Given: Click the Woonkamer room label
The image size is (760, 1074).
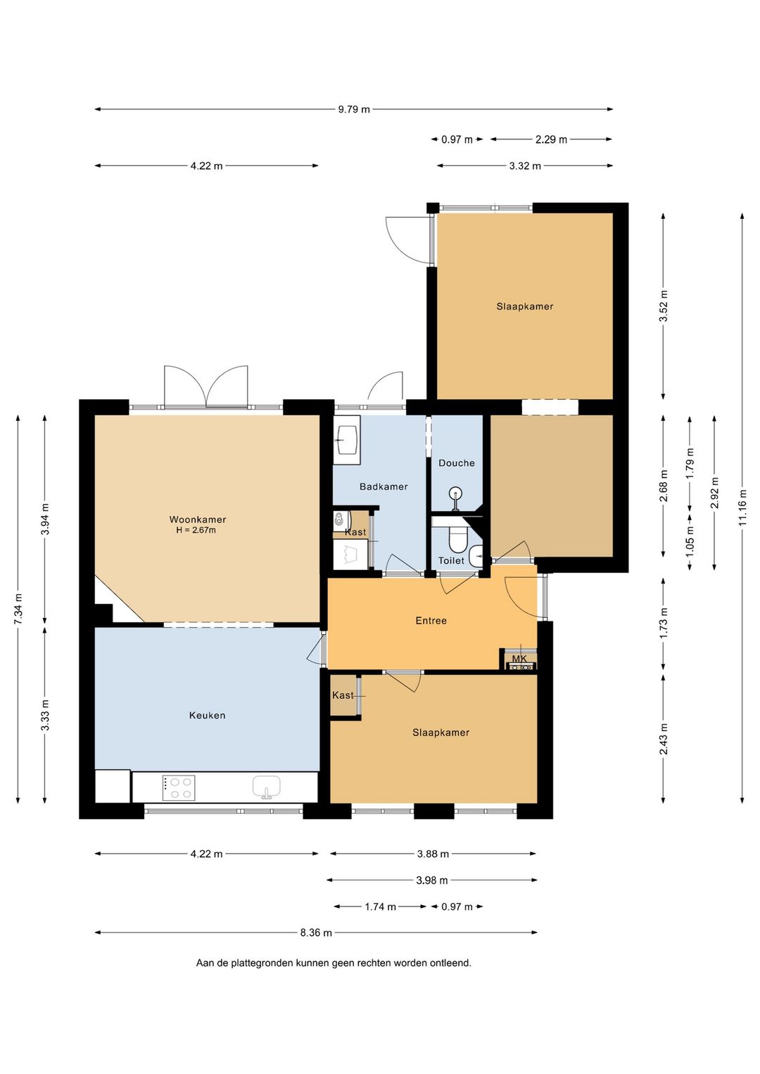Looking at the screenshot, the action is pos(198,519).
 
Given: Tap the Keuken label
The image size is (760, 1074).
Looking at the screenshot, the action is pos(207,715).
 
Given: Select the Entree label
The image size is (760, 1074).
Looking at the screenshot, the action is pos(431,621).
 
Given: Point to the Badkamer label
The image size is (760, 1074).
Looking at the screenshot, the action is pos(384,486).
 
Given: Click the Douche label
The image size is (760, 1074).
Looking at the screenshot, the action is pos(457,463).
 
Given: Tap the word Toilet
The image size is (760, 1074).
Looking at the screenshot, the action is pos(451,560).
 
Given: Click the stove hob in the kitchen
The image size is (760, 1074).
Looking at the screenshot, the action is pos(179,788).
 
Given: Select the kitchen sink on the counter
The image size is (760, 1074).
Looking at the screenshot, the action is pos(267,788).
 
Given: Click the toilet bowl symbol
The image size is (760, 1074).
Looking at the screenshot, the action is pos(457,539).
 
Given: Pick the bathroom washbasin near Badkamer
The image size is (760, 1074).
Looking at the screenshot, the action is pos(347,440).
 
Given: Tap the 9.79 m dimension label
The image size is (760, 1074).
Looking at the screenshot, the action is pos(354,109).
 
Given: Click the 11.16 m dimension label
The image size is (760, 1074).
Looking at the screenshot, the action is pos(742,507).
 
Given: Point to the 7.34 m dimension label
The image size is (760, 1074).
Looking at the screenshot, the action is pos(18,609).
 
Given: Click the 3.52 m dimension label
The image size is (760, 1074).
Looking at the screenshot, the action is pos(664,307).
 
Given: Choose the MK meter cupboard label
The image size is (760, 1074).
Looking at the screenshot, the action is pos(519,659).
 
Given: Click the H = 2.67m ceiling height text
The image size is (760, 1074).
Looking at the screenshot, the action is pos(196,530).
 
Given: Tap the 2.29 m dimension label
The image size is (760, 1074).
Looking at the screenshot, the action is pos(552,139).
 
